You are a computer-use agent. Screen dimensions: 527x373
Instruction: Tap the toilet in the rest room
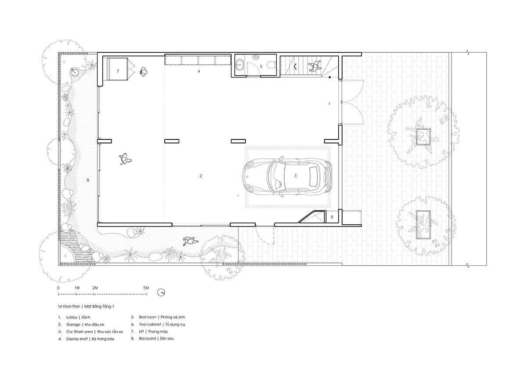tap(272, 64)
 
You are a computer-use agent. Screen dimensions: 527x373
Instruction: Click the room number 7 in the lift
tap(118, 71)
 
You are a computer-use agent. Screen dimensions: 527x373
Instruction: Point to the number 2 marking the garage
tap(200, 176)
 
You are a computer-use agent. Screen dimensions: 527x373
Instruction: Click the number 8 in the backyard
tap(88, 180)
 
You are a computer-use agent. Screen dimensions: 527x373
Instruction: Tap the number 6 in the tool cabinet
tap(332, 217)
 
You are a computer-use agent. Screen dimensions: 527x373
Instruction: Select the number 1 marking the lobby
tap(329, 104)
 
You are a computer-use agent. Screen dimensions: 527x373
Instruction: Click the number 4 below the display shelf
tap(199, 71)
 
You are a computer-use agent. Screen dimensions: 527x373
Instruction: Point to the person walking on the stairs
tap(314, 66)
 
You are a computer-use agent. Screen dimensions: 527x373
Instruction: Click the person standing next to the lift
tap(143, 71)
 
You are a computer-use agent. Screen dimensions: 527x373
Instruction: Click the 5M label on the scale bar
tap(146, 288)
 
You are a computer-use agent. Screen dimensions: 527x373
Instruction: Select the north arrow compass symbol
tap(161, 293)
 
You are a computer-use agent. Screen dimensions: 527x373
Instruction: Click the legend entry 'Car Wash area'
tap(79, 332)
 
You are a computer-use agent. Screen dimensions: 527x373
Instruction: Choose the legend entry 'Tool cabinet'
tap(150, 325)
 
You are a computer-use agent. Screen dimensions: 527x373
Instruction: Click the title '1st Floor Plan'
tap(69, 307)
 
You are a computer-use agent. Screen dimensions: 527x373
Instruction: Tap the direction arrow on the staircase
tap(295, 66)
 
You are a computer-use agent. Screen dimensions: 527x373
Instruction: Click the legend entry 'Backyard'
tap(147, 339)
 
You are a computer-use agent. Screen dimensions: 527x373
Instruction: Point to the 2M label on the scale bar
tap(95, 288)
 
